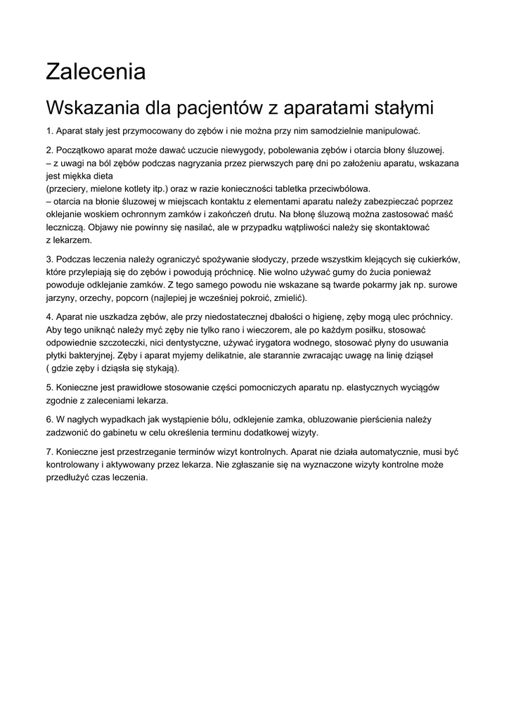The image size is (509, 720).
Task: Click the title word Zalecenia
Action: click(96, 72)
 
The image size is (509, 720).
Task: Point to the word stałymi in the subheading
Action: click(397, 109)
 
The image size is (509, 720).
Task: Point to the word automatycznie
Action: click(390, 451)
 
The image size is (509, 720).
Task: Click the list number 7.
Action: click(49, 451)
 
